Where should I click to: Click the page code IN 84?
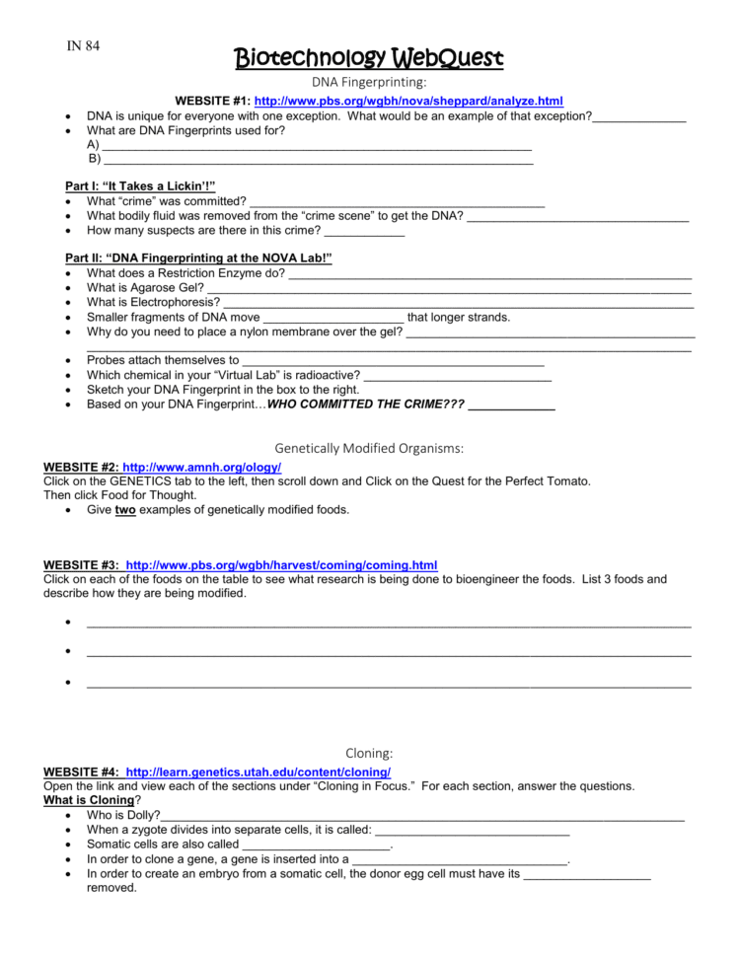[x=83, y=45]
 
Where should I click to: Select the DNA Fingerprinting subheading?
[x=369, y=83]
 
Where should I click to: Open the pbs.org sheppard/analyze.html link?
[x=407, y=101]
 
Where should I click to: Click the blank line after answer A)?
[x=317, y=146]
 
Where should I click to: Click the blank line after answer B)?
[x=317, y=160]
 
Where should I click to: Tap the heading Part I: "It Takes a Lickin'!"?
[x=140, y=185]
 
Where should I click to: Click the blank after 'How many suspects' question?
[x=364, y=233]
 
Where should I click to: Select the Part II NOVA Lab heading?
[x=198, y=258]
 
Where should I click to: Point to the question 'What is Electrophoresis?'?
[x=153, y=302]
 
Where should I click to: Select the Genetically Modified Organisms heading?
[x=369, y=448]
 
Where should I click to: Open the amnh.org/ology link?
[x=201, y=467]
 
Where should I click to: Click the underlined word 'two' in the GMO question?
[x=124, y=510]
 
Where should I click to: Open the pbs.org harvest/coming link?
[x=281, y=565]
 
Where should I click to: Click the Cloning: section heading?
[x=369, y=753]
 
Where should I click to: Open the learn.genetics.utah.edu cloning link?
[x=258, y=772]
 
